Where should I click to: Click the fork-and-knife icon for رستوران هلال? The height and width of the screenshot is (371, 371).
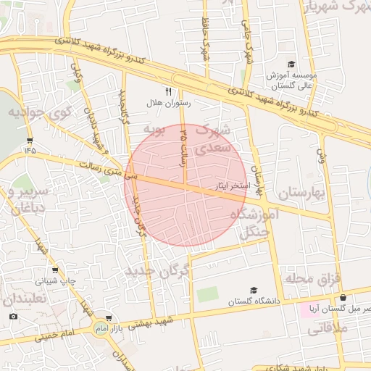point(169,91)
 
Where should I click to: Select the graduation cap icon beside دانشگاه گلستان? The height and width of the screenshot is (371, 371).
point(254,290)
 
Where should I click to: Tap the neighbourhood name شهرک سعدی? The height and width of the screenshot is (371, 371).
point(214,138)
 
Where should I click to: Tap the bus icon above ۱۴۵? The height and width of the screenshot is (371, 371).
point(29,140)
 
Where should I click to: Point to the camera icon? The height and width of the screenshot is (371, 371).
point(14,316)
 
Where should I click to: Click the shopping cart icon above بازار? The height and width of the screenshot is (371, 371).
point(109,317)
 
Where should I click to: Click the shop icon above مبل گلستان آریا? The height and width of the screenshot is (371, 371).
point(343,297)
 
